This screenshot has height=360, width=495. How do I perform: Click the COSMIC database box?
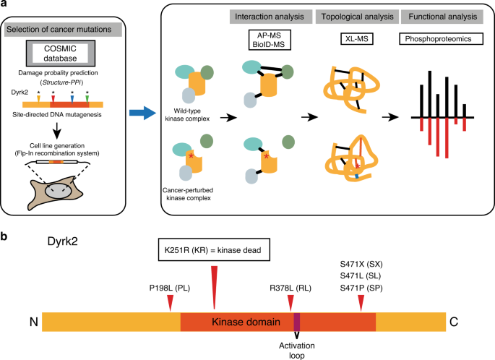(60, 53)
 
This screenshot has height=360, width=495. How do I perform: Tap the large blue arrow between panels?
(142, 113)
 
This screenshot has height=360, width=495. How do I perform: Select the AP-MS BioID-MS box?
(270, 40)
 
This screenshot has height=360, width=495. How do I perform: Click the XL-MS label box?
(357, 39)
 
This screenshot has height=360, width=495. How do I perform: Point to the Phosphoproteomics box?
(441, 39)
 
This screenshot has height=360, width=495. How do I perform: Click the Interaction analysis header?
(271, 17)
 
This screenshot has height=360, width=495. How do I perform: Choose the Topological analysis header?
(358, 17)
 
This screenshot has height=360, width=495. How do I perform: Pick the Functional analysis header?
(442, 17)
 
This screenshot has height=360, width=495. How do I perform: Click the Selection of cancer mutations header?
(63, 30)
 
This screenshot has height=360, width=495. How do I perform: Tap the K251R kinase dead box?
(214, 250)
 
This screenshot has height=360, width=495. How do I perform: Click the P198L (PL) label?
(170, 288)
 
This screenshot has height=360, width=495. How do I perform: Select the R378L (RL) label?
(290, 288)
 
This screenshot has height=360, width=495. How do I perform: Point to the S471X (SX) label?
(361, 264)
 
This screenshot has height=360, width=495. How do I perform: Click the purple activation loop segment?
(297, 322)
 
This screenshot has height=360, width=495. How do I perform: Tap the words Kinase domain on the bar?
(246, 322)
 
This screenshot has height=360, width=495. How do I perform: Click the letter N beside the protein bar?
(34, 322)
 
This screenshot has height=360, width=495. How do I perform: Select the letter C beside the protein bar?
(454, 322)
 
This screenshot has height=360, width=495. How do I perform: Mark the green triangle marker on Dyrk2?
(87, 99)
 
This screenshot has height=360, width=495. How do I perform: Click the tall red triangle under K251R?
(215, 288)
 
